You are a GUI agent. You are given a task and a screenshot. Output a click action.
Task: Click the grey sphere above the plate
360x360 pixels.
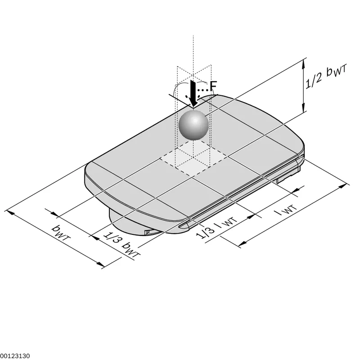point(194,126)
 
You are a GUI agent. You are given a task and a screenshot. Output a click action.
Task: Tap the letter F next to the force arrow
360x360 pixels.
point(213,86)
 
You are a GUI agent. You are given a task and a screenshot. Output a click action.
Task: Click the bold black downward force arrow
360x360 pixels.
point(193,94)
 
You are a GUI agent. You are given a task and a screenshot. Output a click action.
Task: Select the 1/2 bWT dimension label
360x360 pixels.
point(326,76)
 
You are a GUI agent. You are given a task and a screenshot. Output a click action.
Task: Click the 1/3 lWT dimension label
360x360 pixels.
point(216,228)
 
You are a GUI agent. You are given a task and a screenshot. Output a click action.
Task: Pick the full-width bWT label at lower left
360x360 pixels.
point(60,232)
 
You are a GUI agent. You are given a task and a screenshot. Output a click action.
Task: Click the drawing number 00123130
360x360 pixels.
point(15,356)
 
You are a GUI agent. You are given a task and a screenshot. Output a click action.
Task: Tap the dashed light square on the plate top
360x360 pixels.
point(193,157)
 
